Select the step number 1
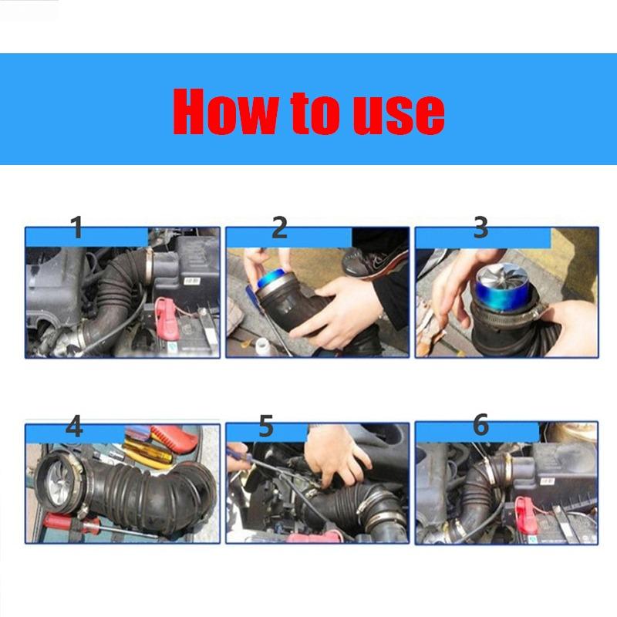pos(76,228)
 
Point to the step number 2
pos(279,228)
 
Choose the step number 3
pos(480,228)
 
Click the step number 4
pos(74,427)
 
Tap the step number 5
pos(266,427)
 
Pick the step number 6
pos(480,425)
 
